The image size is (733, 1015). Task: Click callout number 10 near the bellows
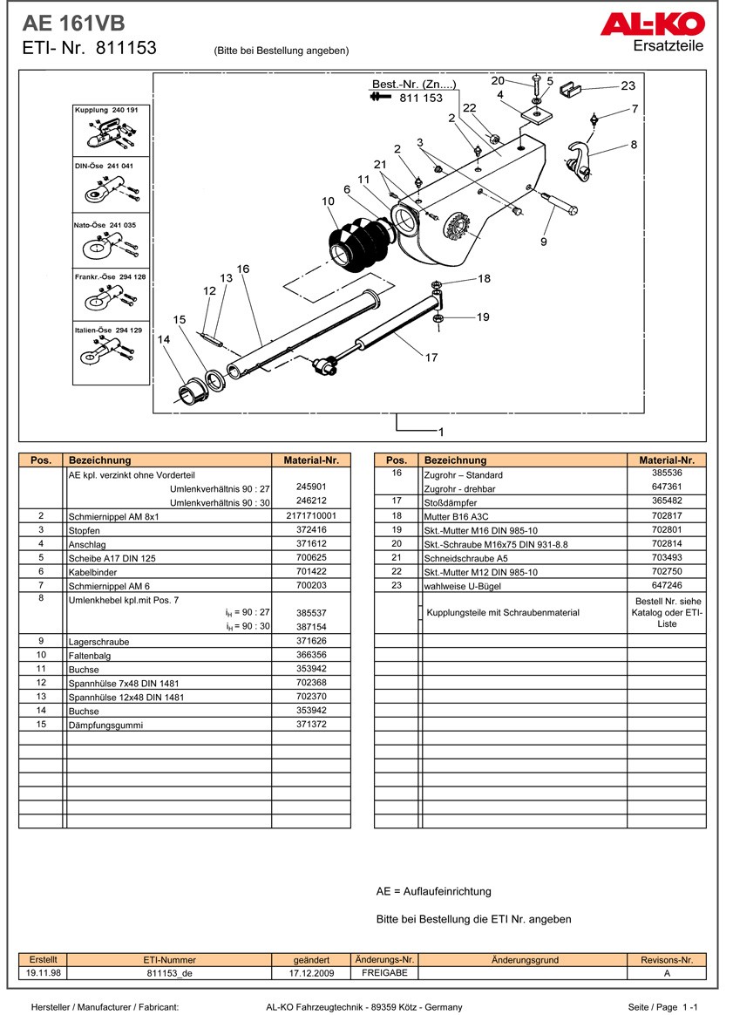[x=328, y=201]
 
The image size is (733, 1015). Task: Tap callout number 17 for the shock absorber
[x=431, y=358]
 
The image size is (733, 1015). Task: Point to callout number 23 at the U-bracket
[x=628, y=85]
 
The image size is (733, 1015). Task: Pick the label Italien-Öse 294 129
[x=112, y=330]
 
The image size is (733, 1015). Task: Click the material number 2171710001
[x=311, y=516]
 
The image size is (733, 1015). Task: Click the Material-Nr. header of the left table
[x=311, y=460]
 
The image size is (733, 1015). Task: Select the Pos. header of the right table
[x=396, y=460]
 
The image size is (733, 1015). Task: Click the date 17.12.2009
[x=311, y=973]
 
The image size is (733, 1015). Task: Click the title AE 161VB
[x=66, y=24]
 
